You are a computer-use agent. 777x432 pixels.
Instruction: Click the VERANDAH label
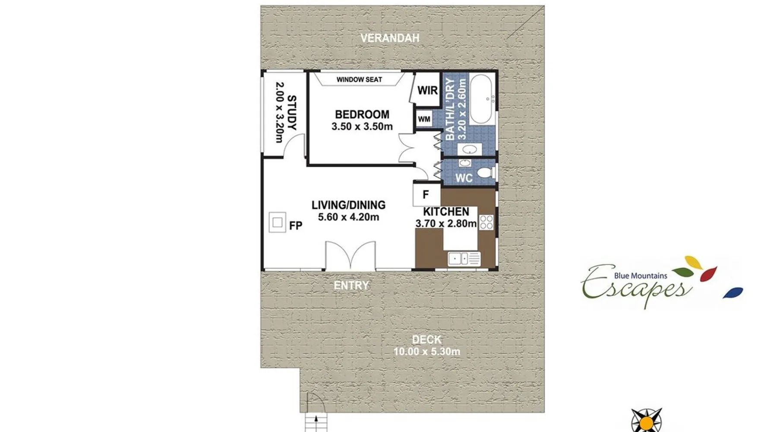390,38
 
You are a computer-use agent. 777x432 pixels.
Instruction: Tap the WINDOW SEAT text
359,79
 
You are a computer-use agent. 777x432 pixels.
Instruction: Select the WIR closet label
427,90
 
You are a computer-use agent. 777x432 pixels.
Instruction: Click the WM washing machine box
424,119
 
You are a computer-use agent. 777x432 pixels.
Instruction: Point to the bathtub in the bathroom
480,99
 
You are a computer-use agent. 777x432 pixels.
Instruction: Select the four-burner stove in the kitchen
486,222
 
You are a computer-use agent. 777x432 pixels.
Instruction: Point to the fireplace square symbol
278,222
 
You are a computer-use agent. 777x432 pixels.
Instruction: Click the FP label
296,226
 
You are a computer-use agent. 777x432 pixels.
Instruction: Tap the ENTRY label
351,285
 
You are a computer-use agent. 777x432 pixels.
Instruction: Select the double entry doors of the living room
351,256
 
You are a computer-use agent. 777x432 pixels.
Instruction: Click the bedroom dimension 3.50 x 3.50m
362,127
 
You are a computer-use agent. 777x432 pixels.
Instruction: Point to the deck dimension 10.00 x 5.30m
426,352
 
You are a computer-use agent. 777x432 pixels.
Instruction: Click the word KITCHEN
446,212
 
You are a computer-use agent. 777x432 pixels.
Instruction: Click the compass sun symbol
646,421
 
